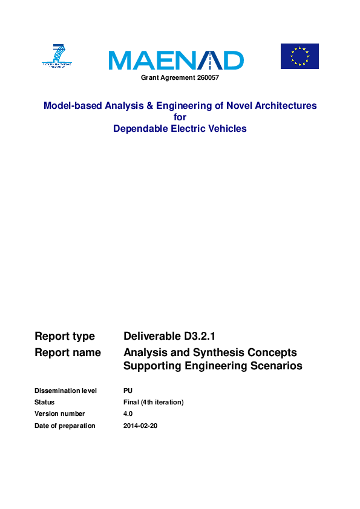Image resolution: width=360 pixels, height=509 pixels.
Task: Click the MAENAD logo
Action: [176, 60]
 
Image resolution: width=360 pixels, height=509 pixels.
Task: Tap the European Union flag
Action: [299, 56]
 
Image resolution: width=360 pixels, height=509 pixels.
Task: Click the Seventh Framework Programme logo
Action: [57, 56]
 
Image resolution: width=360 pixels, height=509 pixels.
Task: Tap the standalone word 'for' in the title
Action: [180, 117]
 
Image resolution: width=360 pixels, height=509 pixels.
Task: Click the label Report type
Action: [65, 336]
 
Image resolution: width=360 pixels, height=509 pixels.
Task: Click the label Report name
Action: [68, 352]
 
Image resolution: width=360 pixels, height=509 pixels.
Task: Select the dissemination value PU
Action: [128, 391]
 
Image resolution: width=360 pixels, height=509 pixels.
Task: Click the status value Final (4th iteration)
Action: [153, 402]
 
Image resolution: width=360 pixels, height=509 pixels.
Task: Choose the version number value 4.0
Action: [128, 414]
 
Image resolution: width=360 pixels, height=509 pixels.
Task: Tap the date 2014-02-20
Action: [140, 426]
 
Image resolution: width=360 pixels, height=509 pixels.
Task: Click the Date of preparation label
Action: [65, 426]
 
